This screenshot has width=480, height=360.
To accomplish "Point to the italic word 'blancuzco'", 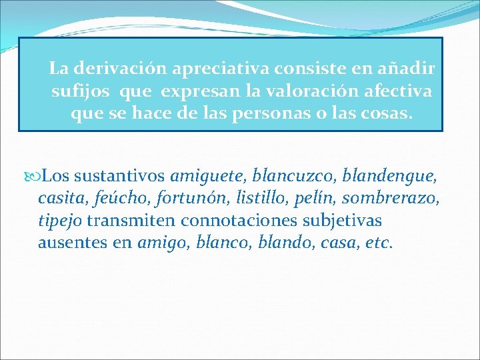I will pos(297,177).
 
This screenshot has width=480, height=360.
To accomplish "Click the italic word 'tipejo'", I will pos(60,220).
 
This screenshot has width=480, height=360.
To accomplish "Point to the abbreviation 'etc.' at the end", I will pos(380,242).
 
